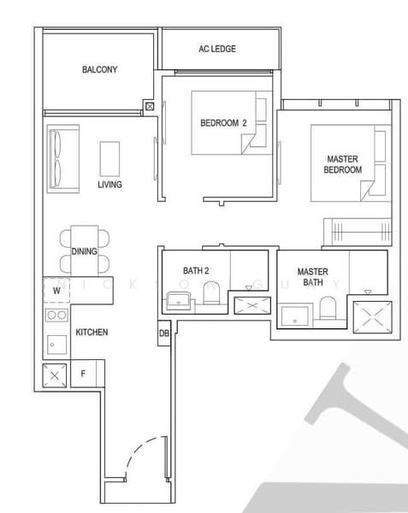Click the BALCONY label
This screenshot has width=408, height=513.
coord(100,70)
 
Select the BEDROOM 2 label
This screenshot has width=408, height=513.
coord(223,123)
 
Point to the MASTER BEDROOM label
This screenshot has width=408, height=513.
coord(343,164)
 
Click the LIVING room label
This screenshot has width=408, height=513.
coord(109,185)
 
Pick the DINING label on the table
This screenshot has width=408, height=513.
coord(84,251)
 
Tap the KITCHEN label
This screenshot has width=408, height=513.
coord(92,332)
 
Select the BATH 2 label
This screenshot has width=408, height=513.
coord(196,271)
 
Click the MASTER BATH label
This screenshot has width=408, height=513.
coord(312,277)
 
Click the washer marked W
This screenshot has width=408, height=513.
coord(56,291)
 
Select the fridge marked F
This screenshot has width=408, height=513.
coord(84,374)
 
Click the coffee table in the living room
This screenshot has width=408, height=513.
coord(110,158)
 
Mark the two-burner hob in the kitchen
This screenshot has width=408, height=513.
coord(56,315)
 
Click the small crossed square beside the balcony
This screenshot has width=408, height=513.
coord(151,107)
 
